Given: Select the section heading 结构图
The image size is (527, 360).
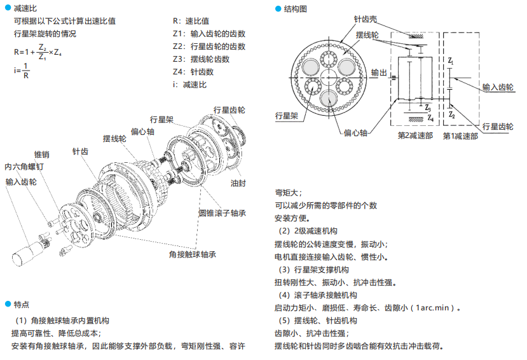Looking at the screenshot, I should pyautogui.click(x=294, y=8).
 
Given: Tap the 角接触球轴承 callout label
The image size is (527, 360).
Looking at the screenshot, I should pyautogui.click(x=193, y=254).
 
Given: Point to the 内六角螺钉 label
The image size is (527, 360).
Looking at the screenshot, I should pyautogui.click(x=24, y=167).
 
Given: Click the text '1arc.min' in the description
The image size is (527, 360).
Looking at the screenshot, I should pyautogui.click(x=435, y=308).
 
